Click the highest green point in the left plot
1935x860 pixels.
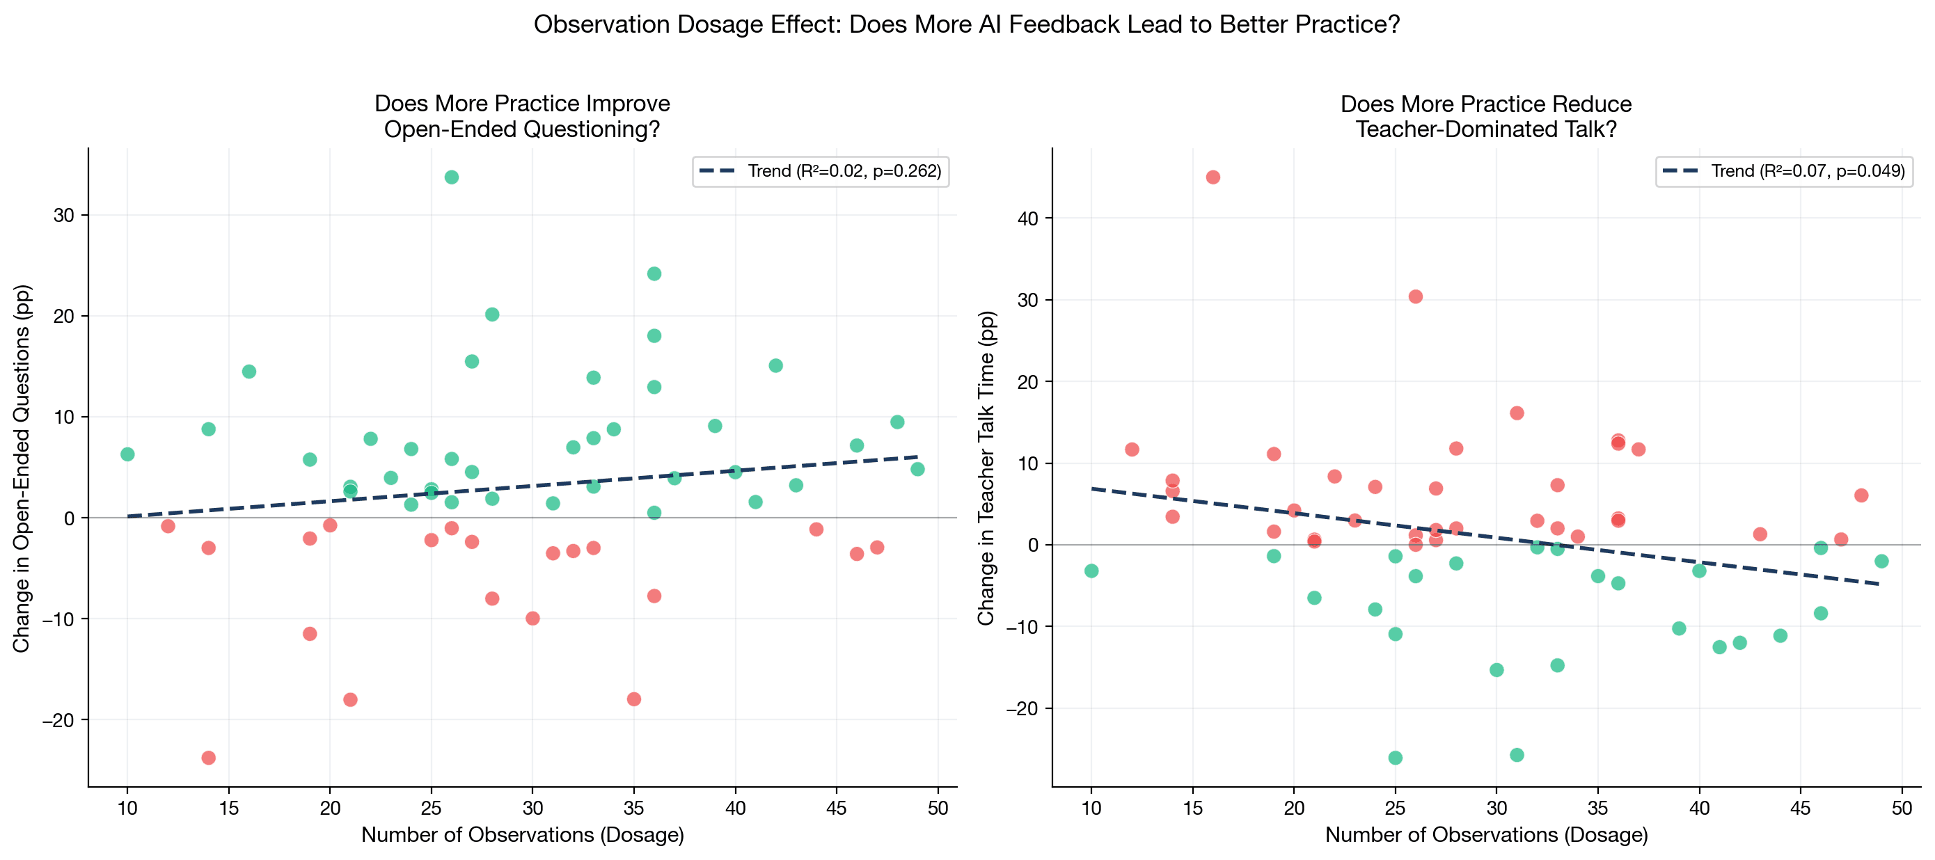[452, 177]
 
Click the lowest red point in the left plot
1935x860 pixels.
[209, 758]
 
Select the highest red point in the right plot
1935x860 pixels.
[1213, 177]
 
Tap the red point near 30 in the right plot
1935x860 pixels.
[1415, 296]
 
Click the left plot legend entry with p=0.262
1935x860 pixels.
[820, 171]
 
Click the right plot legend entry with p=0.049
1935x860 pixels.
[1784, 171]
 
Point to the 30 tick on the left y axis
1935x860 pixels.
[64, 216]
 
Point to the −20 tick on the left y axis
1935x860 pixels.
[58, 720]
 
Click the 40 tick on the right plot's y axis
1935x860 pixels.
[1027, 218]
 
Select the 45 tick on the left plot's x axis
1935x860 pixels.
[837, 809]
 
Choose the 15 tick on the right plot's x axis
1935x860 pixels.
[1193, 809]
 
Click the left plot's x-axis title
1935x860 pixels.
[523, 835]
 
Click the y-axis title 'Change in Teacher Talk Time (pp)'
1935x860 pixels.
[986, 468]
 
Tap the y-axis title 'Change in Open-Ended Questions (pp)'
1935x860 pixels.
[22, 468]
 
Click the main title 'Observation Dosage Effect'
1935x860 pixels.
[967, 25]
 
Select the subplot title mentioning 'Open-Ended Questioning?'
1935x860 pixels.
[522, 116]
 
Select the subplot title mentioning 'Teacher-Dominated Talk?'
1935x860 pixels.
[1486, 116]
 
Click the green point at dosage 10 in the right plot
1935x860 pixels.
[1091, 571]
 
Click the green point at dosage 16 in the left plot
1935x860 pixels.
[249, 372]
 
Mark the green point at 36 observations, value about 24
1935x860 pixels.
[654, 273]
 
